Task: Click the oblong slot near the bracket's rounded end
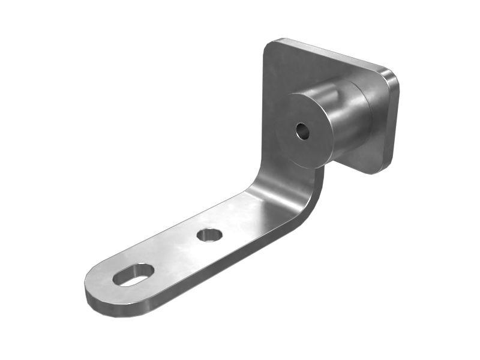(x=133, y=274)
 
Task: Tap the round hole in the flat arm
(x=209, y=235)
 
